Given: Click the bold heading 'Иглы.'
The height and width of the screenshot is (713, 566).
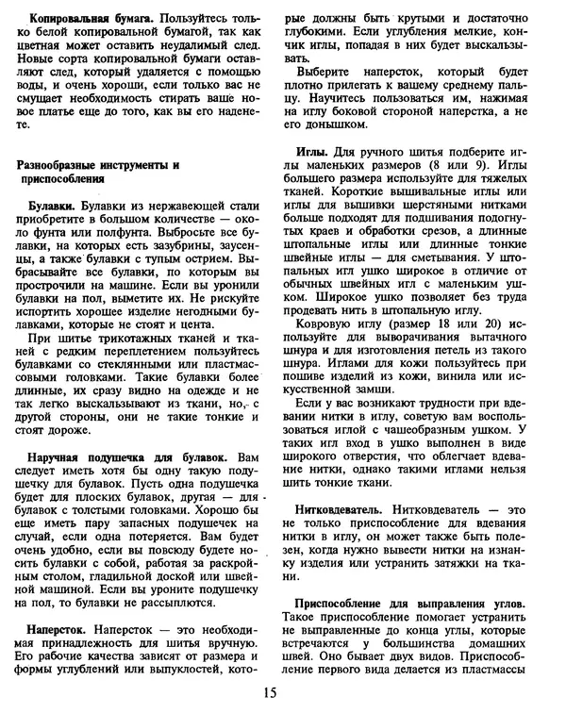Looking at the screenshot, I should click(x=313, y=152).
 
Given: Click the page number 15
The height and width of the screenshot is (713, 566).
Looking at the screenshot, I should click(x=271, y=694).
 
